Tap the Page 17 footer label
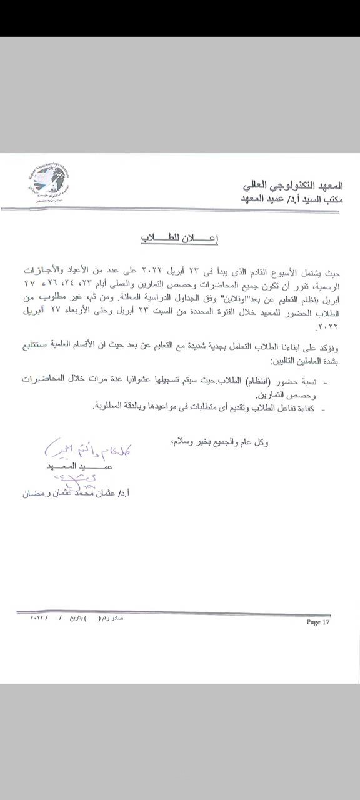tap(317, 622)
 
